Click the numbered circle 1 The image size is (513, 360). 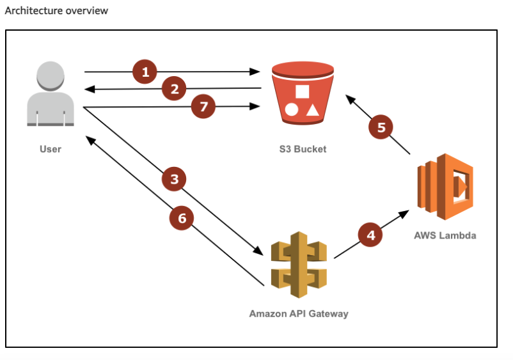point(145,72)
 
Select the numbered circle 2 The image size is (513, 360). point(174,89)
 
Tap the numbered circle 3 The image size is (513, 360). point(175,180)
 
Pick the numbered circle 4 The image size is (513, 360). point(370,235)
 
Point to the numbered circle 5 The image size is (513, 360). point(381,127)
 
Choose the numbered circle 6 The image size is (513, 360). point(182,218)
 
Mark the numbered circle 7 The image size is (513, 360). point(204,107)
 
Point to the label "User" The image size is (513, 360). point(51,149)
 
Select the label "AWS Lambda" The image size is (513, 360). point(445,235)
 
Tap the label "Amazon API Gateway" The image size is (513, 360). point(299,314)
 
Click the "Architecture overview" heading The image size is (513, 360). point(56,11)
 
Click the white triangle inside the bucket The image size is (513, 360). point(312,109)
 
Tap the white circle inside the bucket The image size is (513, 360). point(292,109)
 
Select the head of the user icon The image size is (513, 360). point(51,77)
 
